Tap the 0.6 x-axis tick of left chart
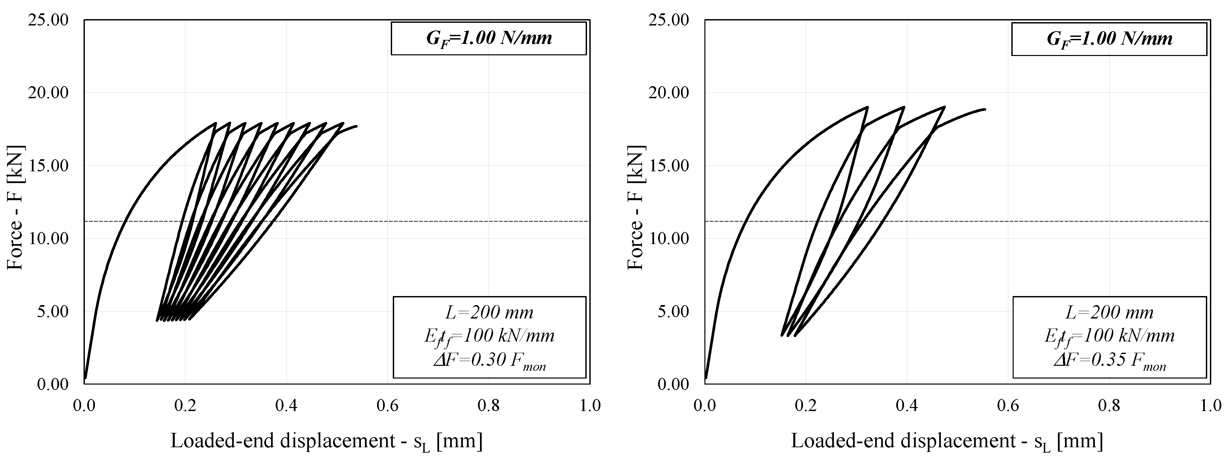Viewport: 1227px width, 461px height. (387, 405)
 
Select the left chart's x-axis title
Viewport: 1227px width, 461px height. (326, 441)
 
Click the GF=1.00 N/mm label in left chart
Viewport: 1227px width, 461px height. (489, 39)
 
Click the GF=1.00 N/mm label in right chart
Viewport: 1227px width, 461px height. (1109, 39)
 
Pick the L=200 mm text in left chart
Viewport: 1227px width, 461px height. (489, 312)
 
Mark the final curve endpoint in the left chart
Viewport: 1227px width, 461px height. (356, 126)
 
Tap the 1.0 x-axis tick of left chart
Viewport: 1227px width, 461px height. (590, 405)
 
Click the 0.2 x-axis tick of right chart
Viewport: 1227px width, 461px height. (806, 405)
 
